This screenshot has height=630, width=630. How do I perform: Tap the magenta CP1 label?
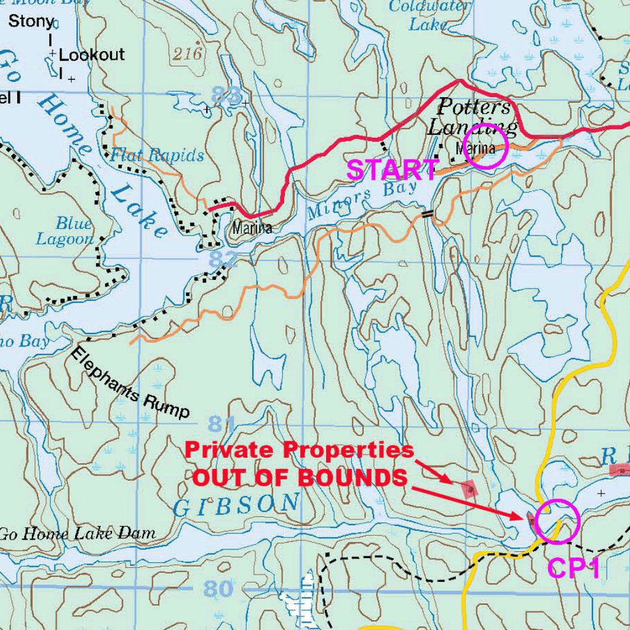[x=573, y=568]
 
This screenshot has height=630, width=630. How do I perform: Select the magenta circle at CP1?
[x=557, y=521]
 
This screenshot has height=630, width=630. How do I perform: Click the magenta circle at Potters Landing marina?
[x=485, y=146]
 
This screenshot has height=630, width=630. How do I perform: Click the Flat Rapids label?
[x=157, y=155]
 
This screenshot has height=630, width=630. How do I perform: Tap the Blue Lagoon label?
[x=65, y=231]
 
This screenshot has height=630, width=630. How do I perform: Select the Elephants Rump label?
[x=129, y=383]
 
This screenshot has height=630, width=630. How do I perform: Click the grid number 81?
[x=222, y=424]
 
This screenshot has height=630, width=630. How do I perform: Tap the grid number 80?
[x=218, y=589]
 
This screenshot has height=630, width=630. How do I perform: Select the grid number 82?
[x=221, y=260]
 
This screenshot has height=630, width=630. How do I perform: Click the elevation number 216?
[x=187, y=54]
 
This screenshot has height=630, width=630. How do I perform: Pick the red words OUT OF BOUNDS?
[x=300, y=477]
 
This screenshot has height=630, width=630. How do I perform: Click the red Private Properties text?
[x=300, y=450]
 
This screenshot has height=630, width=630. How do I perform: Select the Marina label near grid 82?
[x=252, y=228]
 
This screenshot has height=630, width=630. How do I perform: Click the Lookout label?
[x=92, y=54]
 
